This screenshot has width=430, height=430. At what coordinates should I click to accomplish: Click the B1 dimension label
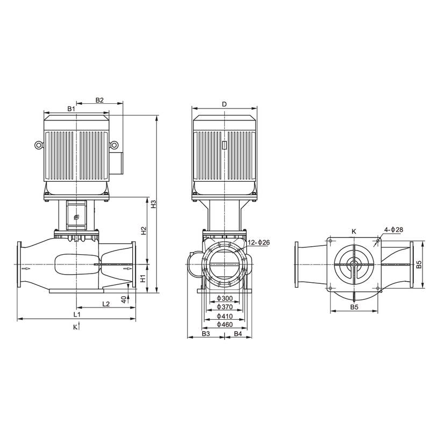[x=71, y=109]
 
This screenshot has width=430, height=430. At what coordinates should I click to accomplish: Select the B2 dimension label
[x=99, y=100]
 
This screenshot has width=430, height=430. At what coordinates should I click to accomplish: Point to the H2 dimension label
[x=144, y=231]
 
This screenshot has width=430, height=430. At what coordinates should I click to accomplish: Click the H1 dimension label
[x=144, y=278]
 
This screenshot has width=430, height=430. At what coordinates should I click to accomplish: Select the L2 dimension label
[x=106, y=304]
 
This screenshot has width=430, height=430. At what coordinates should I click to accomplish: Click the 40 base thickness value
[x=124, y=299]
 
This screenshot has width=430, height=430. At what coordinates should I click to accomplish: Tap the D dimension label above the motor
[x=224, y=104]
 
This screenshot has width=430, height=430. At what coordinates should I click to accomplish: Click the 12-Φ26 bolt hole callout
[x=259, y=243]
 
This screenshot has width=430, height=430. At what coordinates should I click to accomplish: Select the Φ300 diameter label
[x=224, y=299]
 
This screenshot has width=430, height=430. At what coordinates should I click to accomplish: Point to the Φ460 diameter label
[x=224, y=325]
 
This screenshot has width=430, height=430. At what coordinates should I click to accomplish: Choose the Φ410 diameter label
[x=224, y=316]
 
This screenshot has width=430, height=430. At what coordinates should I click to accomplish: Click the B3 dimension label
[x=206, y=334]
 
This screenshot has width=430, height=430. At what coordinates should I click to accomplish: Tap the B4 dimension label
[x=238, y=334]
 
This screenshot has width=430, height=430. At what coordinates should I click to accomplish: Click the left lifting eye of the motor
[x=38, y=145]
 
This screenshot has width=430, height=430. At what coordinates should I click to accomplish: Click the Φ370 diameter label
[x=224, y=307]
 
